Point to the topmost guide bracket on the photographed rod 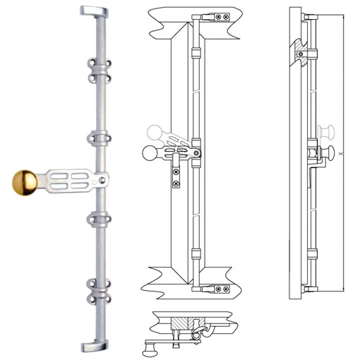[x=99, y=69]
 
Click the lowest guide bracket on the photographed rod [x=99, y=289]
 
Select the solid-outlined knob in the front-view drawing [x=149, y=152]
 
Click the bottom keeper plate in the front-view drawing [x=220, y=288]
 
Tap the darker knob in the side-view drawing [x=329, y=150]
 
